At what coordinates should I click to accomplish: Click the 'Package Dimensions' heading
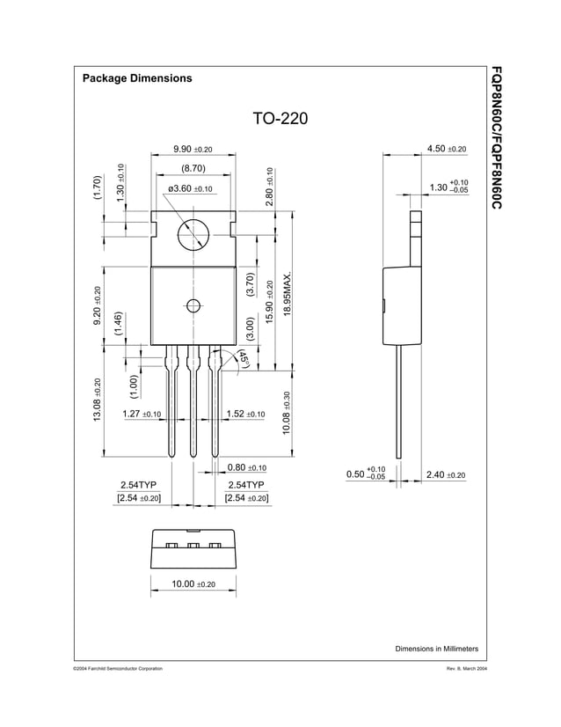pos(136,78)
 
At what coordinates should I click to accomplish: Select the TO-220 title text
pos(280,119)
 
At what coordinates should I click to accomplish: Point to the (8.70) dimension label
pos(193,168)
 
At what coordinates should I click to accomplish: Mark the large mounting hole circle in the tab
pos(193,235)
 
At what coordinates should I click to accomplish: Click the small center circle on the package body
pos(193,306)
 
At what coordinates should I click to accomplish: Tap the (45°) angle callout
pos(244,359)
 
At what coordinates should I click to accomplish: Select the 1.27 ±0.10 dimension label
pos(141,414)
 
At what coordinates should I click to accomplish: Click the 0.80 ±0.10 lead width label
pos(246,467)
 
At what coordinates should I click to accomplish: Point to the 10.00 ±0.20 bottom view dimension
pos(193,584)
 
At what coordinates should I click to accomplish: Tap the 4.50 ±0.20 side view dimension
pos(446,150)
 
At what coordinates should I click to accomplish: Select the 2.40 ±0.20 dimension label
pos(445,475)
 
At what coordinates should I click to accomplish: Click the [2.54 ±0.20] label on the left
pos(139,498)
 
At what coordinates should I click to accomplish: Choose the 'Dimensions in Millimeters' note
pos(436,649)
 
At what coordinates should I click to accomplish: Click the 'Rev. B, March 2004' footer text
pos(467,670)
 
